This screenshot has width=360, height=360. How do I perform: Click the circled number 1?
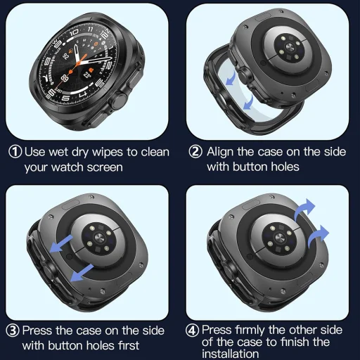click(14, 152)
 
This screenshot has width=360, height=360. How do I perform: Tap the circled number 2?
click(195, 152)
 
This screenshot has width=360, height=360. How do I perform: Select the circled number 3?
click(13, 330)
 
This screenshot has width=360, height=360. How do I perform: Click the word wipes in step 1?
click(104, 152)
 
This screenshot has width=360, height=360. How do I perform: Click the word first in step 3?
click(127, 346)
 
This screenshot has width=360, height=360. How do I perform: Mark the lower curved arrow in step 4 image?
click(318, 233)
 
